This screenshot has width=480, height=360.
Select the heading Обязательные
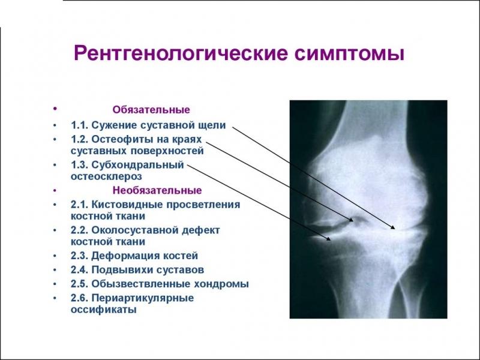tap(151, 110)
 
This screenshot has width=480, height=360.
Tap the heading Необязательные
tap(157, 191)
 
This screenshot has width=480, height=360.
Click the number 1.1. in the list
tap(80, 125)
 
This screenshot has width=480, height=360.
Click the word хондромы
tap(221, 283)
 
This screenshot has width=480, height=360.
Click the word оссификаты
tap(104, 310)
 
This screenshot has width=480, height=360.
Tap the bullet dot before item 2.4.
tap(55, 269)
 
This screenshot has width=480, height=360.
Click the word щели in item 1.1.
tap(215, 125)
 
